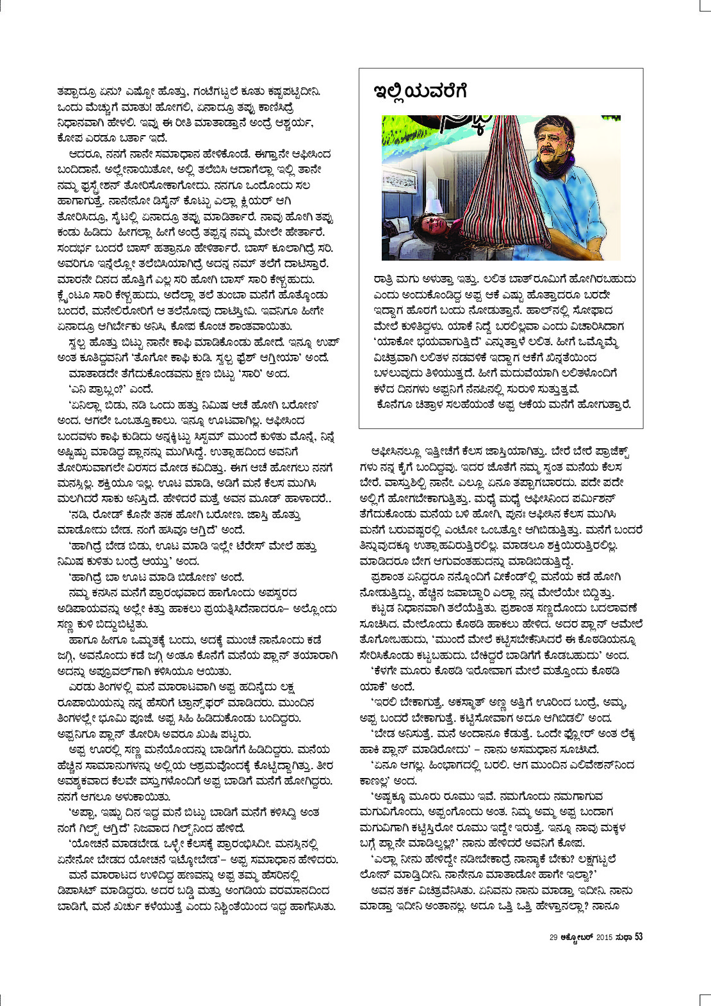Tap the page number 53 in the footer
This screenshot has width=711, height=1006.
point(639,937)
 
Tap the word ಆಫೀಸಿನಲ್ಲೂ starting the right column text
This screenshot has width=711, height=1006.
point(395,451)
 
